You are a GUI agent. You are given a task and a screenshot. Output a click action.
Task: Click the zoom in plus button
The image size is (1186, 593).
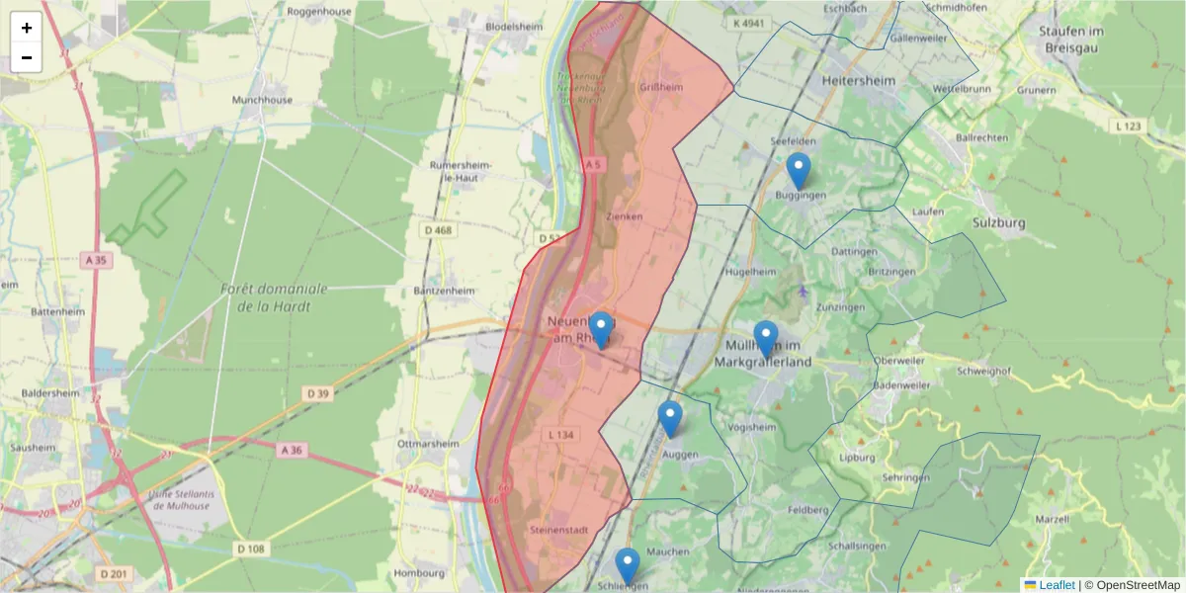pos(27,28)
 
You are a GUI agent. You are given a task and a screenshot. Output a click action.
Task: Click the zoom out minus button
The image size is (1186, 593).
pos(27,57)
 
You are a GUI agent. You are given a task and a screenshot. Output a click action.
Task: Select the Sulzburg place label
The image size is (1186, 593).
pos(999,222)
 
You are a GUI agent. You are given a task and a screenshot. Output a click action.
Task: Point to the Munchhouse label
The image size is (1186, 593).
pos(262,100)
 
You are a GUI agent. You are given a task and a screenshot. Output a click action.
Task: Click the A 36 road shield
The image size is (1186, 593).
pos(292,450)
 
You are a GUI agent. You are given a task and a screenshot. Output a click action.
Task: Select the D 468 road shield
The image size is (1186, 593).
pos(435,231)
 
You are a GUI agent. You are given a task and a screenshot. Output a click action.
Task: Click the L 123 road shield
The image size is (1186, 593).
pos(1129,127)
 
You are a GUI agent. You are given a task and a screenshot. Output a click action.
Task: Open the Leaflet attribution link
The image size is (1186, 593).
pos(1057,585)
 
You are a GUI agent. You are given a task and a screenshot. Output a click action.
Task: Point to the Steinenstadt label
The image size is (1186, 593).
pos(559,531)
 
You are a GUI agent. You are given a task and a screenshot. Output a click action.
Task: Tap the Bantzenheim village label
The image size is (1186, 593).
pos(445,292)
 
